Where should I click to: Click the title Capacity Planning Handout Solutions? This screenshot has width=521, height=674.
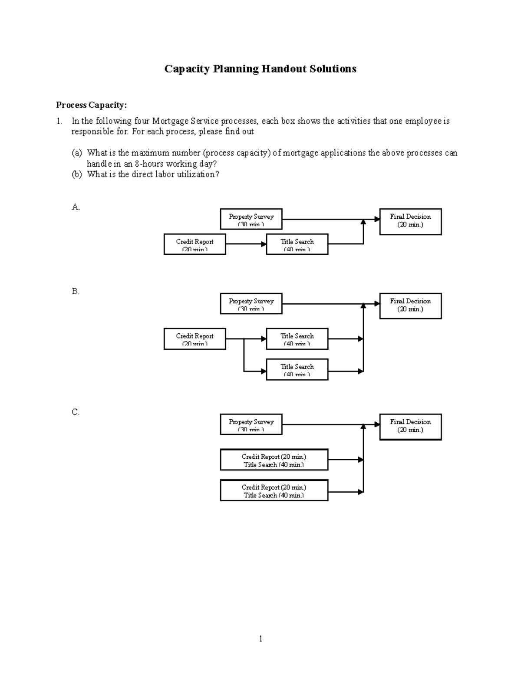coord(260,69)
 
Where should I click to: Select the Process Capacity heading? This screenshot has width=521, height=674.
coord(91,105)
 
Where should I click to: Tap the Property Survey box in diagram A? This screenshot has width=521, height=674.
coord(251,219)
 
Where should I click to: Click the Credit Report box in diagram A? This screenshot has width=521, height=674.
coord(195,244)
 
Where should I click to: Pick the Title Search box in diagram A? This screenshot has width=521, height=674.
coord(297,244)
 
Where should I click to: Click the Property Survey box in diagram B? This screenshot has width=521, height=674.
coord(251,304)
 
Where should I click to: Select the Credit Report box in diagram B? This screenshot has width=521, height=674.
coord(195,339)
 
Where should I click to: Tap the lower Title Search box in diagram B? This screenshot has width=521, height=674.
coord(297,369)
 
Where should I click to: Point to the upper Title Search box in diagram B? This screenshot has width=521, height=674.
coord(297,339)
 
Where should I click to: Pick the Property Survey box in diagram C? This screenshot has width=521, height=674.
coord(251,424)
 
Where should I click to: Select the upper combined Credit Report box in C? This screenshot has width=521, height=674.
coord(274,460)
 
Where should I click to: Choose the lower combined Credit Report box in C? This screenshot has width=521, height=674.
coord(274,490)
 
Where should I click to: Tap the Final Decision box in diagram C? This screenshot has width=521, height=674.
coord(410,427)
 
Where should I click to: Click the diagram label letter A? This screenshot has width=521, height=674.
coord(76,207)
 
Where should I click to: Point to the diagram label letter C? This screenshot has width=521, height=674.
coord(76,412)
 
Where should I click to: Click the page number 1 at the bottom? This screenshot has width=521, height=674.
coord(260,638)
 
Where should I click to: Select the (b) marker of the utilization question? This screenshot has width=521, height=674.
coord(76,174)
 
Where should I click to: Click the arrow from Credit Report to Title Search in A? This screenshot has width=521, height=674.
coord(246,244)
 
